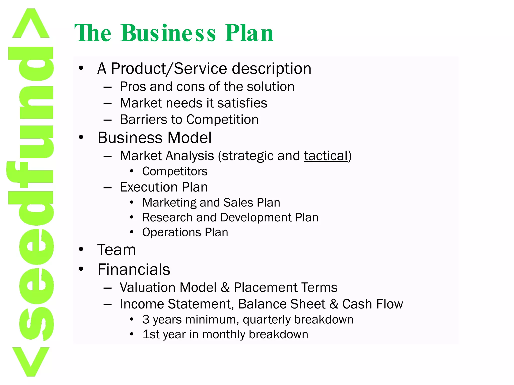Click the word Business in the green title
tap(168, 33)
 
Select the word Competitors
tap(175, 171)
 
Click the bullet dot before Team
tap(81, 249)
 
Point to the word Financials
tap(134, 269)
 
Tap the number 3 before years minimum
tap(146, 320)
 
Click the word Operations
tap(172, 232)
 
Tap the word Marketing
tap(169, 203)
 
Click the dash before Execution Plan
tap(107, 187)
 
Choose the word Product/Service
tap(169, 68)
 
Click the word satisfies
tap(242, 103)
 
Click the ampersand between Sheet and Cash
tap(334, 304)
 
